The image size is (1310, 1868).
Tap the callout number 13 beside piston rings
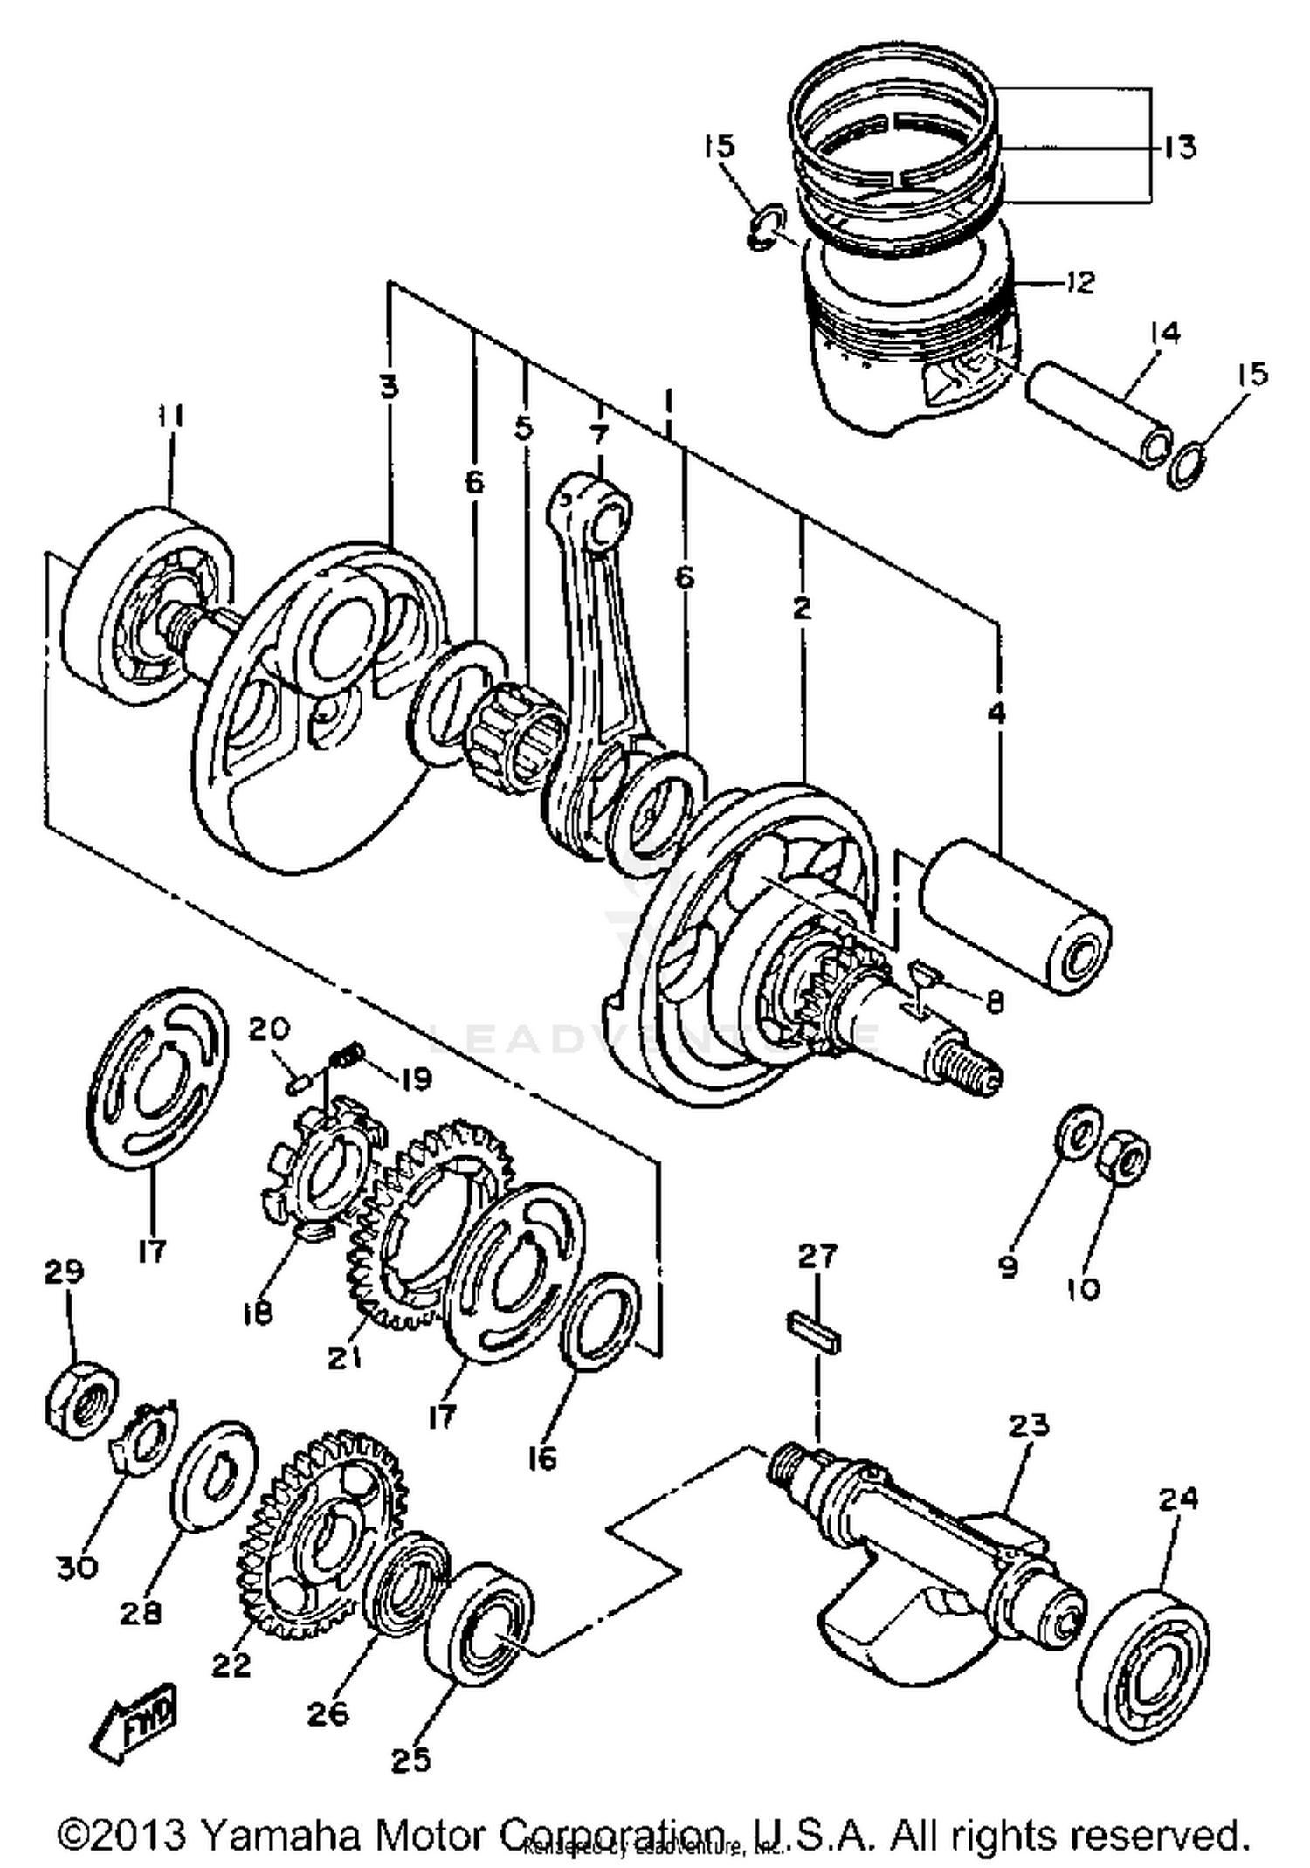click(1179, 147)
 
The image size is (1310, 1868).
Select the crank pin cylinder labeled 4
click(1013, 915)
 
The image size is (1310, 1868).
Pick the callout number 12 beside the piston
click(1080, 282)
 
